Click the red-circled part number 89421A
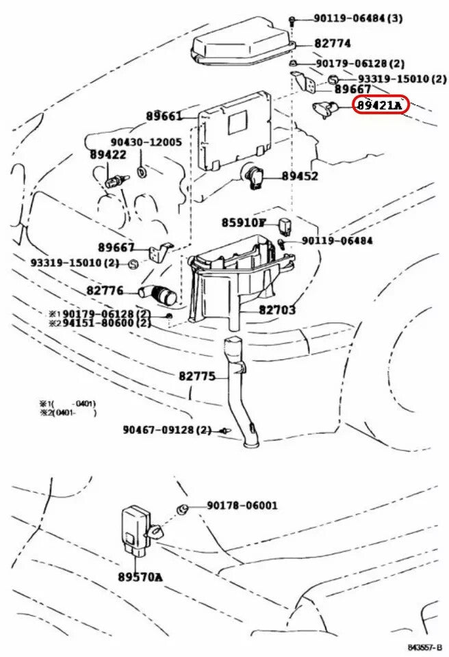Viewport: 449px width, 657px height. point(380,105)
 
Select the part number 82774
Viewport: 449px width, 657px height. point(333,43)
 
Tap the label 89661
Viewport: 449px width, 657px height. point(164,116)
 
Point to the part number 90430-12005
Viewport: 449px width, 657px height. point(146,142)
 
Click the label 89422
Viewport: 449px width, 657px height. point(108,155)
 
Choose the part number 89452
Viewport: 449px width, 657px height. point(300,176)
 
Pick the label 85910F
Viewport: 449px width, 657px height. point(243,222)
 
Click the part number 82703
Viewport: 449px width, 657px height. point(277,310)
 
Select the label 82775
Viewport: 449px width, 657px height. point(197,376)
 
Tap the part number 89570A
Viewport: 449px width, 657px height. point(140,577)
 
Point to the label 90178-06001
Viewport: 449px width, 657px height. point(242,506)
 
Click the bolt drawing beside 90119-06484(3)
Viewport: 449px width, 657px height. point(292,20)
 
